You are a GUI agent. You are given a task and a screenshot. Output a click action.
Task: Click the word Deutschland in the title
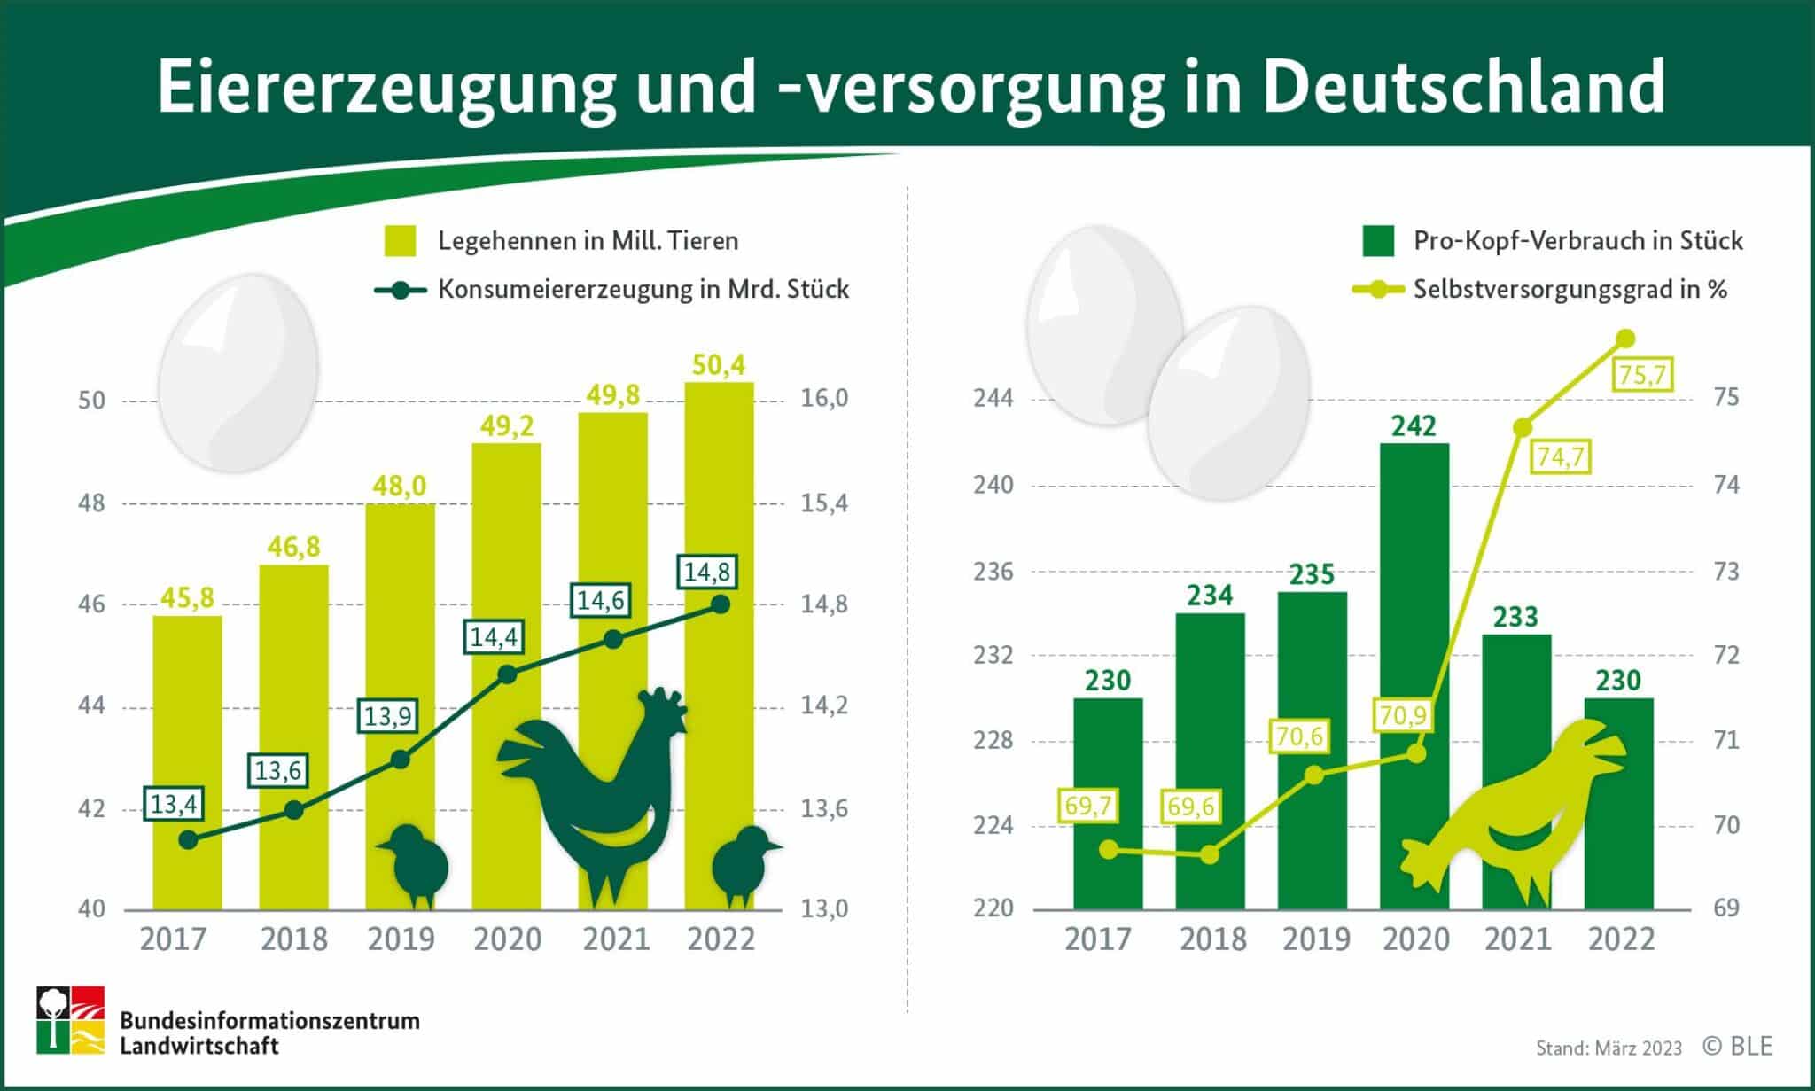(1463, 86)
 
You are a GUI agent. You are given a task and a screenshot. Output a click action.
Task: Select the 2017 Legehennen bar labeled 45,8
(187, 762)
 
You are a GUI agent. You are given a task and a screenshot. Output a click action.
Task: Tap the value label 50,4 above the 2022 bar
(719, 364)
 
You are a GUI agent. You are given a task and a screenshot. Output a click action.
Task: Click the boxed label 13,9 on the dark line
(388, 715)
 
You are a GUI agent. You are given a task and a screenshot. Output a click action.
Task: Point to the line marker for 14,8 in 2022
(721, 604)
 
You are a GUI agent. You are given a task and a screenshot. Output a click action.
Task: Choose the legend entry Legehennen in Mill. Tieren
(588, 241)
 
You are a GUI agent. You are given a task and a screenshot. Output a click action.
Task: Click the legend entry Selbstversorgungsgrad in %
(1570, 289)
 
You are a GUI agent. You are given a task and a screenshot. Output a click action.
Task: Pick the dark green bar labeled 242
(1414, 674)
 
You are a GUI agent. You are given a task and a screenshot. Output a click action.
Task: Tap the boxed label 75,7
(1642, 375)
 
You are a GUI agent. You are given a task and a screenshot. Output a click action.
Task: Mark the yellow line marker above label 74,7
(1523, 427)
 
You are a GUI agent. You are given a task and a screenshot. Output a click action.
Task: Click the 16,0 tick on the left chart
(824, 399)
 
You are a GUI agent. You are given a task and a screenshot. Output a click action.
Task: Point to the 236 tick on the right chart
(993, 572)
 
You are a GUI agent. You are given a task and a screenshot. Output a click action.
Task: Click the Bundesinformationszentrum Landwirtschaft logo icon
(70, 1019)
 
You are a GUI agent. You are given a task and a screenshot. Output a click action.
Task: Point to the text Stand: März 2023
(1609, 1048)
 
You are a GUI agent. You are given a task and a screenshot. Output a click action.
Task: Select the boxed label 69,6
(1190, 807)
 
